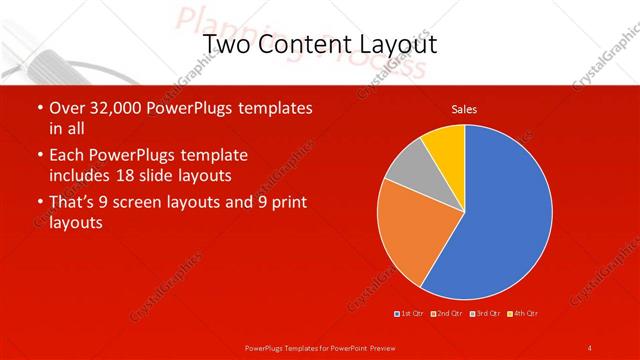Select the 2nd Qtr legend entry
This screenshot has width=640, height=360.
447,314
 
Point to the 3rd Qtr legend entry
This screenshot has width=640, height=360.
486,314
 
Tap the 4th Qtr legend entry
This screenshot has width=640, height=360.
523,314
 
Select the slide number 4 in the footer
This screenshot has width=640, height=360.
590,347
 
